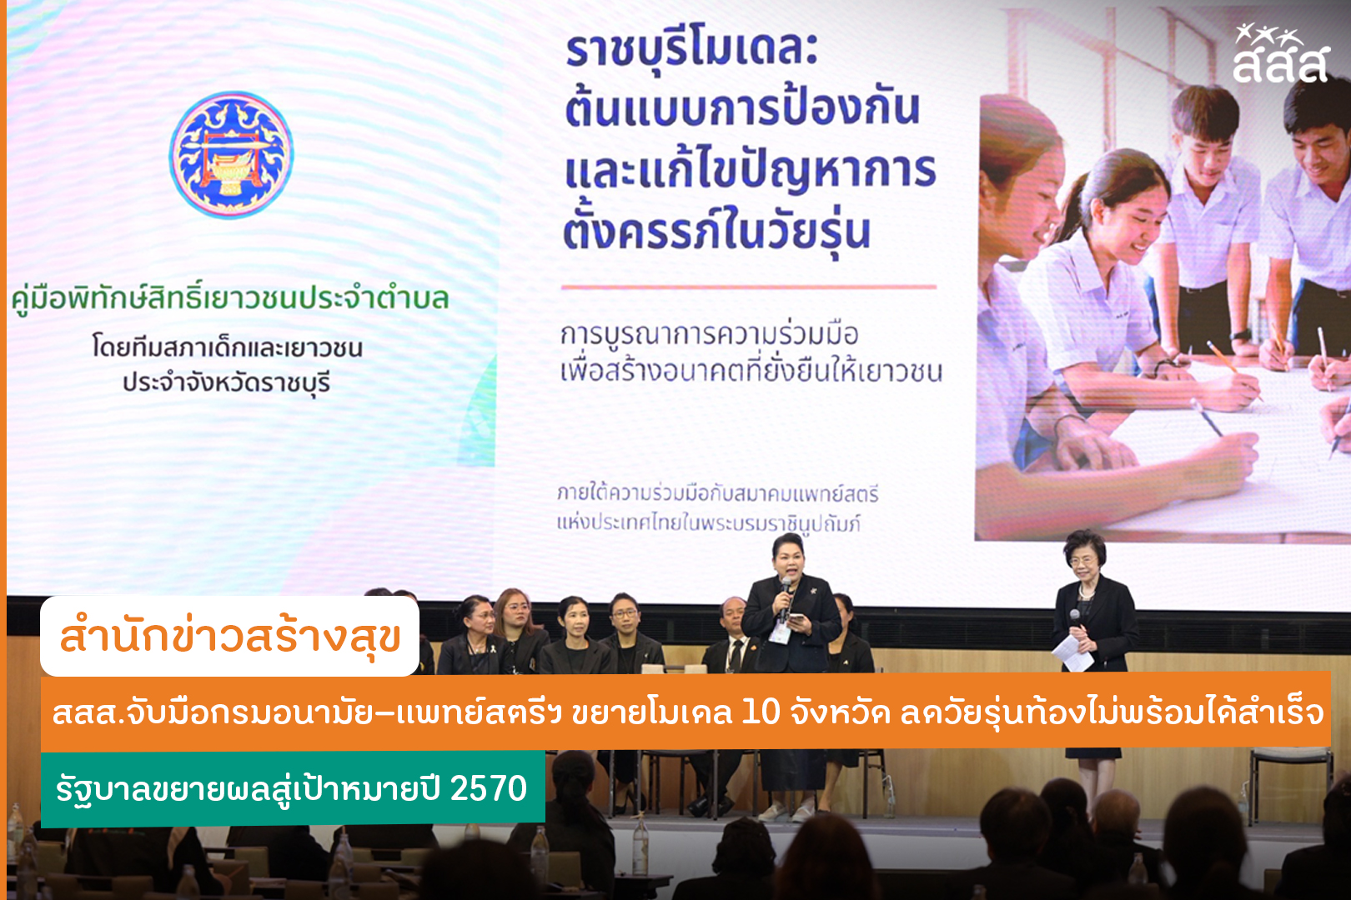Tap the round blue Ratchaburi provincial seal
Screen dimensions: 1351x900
click(x=231, y=155)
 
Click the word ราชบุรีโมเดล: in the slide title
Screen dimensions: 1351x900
click(x=691, y=50)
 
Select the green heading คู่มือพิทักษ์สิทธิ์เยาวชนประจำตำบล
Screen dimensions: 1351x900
click(x=230, y=297)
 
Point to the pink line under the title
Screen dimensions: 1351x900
click(x=749, y=287)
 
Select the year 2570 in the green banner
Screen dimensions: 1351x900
click(x=489, y=788)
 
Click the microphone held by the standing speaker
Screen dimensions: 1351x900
click(x=785, y=596)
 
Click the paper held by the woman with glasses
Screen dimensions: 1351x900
click(x=1073, y=652)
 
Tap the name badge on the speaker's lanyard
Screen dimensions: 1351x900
click(x=781, y=633)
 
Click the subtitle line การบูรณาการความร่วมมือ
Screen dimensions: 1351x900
click(x=709, y=334)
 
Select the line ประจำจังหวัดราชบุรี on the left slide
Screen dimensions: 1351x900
click(x=227, y=382)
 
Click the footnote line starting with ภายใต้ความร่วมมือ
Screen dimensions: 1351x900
click(x=717, y=494)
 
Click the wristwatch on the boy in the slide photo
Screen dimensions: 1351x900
click(x=1243, y=334)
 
